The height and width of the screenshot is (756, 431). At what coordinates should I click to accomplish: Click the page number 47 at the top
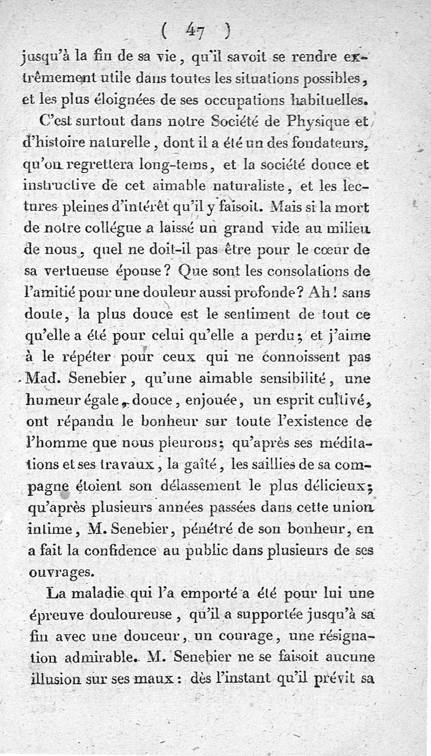coord(196,32)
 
